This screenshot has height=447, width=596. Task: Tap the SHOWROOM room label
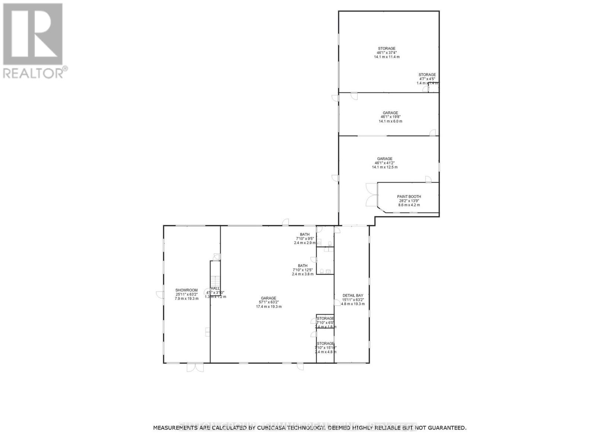click(x=187, y=290)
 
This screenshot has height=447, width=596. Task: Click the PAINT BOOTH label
click(x=409, y=196)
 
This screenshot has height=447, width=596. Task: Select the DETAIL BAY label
click(x=353, y=295)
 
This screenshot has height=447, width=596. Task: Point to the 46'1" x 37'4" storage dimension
click(x=387, y=53)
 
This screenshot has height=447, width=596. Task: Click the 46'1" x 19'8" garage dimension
click(x=390, y=117)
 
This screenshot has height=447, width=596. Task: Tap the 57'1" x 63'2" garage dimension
click(x=269, y=302)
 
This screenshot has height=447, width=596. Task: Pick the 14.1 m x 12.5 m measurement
click(x=384, y=167)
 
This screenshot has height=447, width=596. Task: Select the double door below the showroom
click(x=195, y=367)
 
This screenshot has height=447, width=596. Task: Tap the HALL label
click(x=215, y=288)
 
